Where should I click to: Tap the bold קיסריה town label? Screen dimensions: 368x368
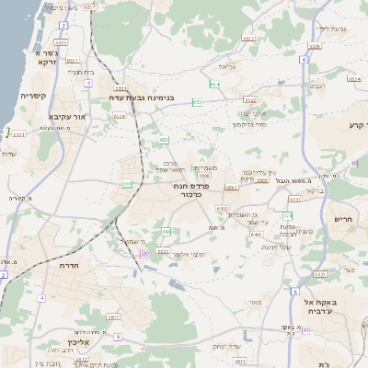click(x=34, y=95)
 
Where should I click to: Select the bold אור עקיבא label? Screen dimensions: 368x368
click(x=66, y=119)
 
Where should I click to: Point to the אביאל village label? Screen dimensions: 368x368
click(x=228, y=67)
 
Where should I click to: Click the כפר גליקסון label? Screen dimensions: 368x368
click(x=249, y=123)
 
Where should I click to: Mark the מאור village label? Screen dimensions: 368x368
click(x=254, y=302)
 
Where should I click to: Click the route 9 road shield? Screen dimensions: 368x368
click(x=118, y=337)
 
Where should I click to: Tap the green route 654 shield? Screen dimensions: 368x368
click(x=213, y=85)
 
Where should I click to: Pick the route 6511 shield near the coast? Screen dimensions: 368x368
click(x=17, y=134)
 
